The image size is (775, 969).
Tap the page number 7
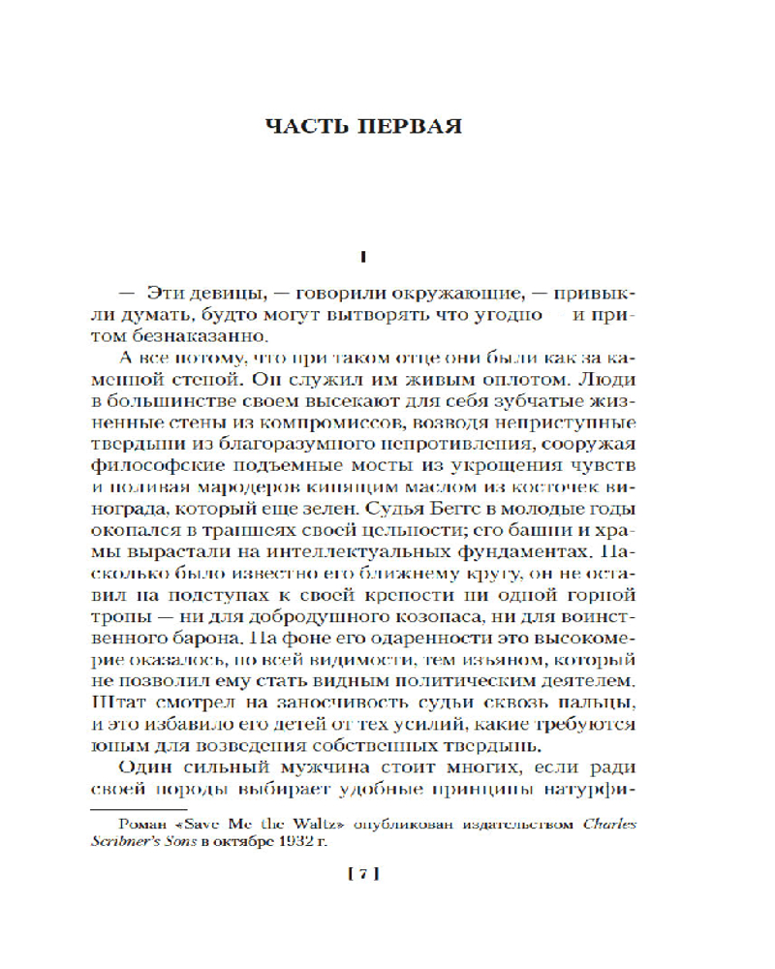point(360,875)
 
